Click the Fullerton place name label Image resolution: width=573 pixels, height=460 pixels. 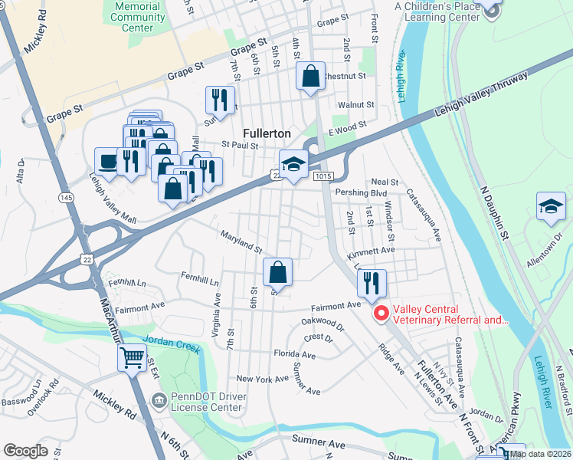tap(265, 132)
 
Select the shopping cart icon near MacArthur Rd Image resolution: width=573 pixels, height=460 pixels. tap(132, 356)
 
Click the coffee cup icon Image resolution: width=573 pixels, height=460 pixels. tap(107, 161)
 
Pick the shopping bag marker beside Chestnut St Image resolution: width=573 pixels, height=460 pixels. tap(310, 77)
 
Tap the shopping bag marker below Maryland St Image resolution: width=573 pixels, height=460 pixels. tap(278, 273)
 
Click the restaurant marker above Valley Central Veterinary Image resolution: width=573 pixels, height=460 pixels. tap(372, 284)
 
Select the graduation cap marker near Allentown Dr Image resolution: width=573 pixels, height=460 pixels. tap(550, 207)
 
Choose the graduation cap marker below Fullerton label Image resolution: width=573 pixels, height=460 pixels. tap(293, 164)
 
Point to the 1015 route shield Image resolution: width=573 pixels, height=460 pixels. tap(323, 176)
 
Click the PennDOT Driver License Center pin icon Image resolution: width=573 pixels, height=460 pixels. tap(159, 399)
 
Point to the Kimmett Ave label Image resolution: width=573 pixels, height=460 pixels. tap(370, 250)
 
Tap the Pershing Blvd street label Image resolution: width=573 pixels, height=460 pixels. tap(360, 194)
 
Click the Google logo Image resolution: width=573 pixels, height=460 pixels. tap(25, 450)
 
